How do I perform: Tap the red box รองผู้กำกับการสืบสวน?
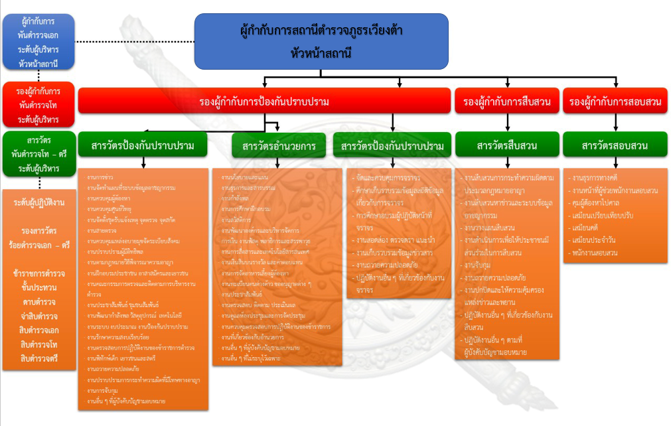pyautogui.click(x=507, y=102)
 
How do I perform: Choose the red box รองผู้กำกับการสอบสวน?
pyautogui.click(x=614, y=102)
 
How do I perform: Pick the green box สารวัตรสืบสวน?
pyautogui.click(x=507, y=146)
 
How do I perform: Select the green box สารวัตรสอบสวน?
pyautogui.click(x=614, y=146)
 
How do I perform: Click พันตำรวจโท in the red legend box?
pyautogui.click(x=38, y=105)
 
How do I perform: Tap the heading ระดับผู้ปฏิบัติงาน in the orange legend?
pyautogui.click(x=39, y=202)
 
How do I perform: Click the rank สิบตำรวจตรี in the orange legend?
pyautogui.click(x=39, y=358)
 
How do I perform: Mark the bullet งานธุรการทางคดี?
pyautogui.click(x=598, y=179)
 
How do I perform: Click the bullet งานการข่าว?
pyautogui.click(x=100, y=178)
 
